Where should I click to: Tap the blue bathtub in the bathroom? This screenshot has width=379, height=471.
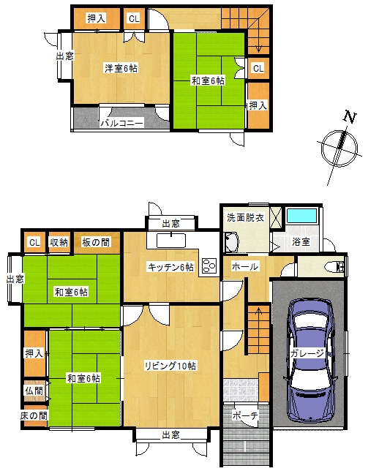[x=301, y=215]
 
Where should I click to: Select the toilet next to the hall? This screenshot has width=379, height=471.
[x=337, y=266]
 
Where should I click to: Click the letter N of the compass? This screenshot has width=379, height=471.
[x=350, y=117]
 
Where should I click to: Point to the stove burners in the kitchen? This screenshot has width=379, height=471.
[x=209, y=265]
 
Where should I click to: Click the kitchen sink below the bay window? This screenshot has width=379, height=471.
[x=171, y=241]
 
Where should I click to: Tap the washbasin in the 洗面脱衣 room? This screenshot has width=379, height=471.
[x=232, y=242]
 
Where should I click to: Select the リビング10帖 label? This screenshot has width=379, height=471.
[x=170, y=366]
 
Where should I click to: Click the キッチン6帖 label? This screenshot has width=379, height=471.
[x=170, y=267]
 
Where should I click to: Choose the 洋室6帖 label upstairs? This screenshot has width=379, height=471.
[x=121, y=68]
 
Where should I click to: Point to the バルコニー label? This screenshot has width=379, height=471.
[x=122, y=123]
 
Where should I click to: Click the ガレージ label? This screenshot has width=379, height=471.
[x=307, y=353]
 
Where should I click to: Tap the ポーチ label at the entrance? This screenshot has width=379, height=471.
[x=245, y=415]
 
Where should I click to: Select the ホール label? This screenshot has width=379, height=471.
[x=244, y=266]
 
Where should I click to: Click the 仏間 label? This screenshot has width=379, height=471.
[x=34, y=391]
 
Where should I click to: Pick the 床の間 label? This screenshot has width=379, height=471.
[x=34, y=415]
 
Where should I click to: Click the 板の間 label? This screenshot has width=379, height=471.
[x=96, y=242]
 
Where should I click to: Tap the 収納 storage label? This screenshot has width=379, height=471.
[x=59, y=242]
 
